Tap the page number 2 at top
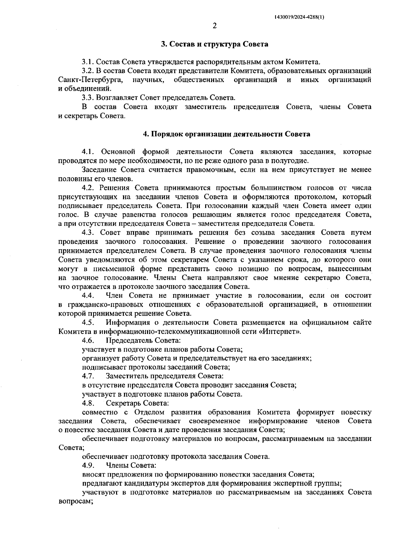click(214, 26)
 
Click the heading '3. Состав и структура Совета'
click(214, 44)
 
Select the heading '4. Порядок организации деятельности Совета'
click(226, 134)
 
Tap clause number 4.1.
click(88, 152)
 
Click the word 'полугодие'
click(294, 161)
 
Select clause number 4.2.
click(88, 188)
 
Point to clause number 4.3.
click(88, 233)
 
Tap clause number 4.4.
click(88, 295)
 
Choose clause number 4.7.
click(88, 376)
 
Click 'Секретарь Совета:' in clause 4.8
click(137, 403)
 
